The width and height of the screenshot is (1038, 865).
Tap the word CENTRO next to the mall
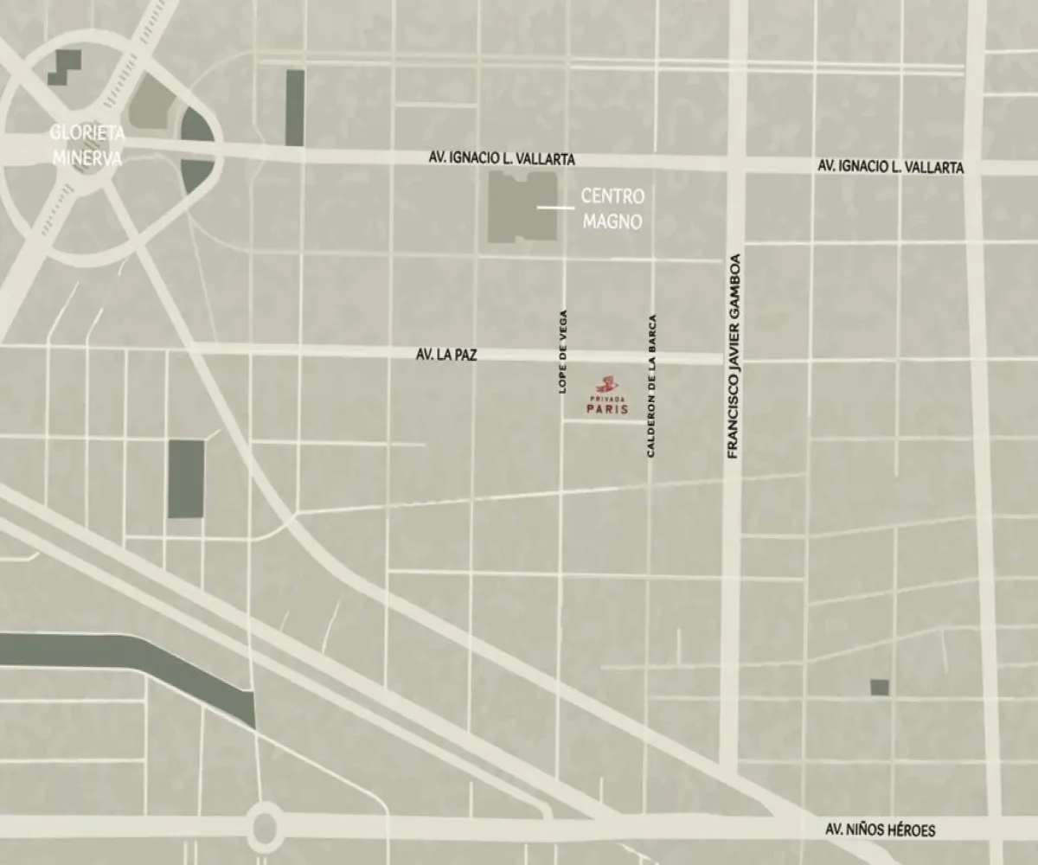[x=612, y=196]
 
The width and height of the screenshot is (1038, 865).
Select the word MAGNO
[x=612, y=221]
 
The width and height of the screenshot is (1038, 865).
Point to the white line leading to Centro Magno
[x=555, y=208]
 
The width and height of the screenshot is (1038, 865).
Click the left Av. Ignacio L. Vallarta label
[x=502, y=160]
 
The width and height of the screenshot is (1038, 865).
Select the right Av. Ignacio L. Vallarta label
[x=890, y=167]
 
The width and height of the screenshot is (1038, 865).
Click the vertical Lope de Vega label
[x=563, y=352]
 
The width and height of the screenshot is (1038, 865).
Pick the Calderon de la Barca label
[x=651, y=385]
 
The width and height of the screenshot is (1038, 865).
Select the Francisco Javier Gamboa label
[x=734, y=356]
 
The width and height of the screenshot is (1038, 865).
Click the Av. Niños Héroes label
[x=880, y=830]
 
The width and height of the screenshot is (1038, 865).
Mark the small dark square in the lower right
[x=879, y=687]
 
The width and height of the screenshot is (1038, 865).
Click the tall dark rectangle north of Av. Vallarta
[x=295, y=107]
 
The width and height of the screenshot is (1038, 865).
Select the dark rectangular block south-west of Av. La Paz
[x=186, y=478]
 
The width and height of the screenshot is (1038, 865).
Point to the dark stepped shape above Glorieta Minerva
[x=65, y=67]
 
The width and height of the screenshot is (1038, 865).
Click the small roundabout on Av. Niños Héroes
[x=266, y=827]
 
